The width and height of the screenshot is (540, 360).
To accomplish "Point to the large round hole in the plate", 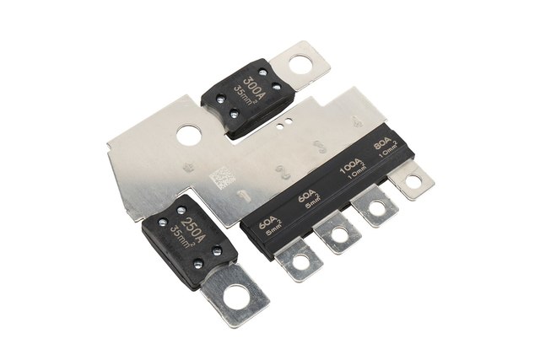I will pos(187,133).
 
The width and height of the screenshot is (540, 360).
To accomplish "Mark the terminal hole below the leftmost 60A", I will pos(300,260).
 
